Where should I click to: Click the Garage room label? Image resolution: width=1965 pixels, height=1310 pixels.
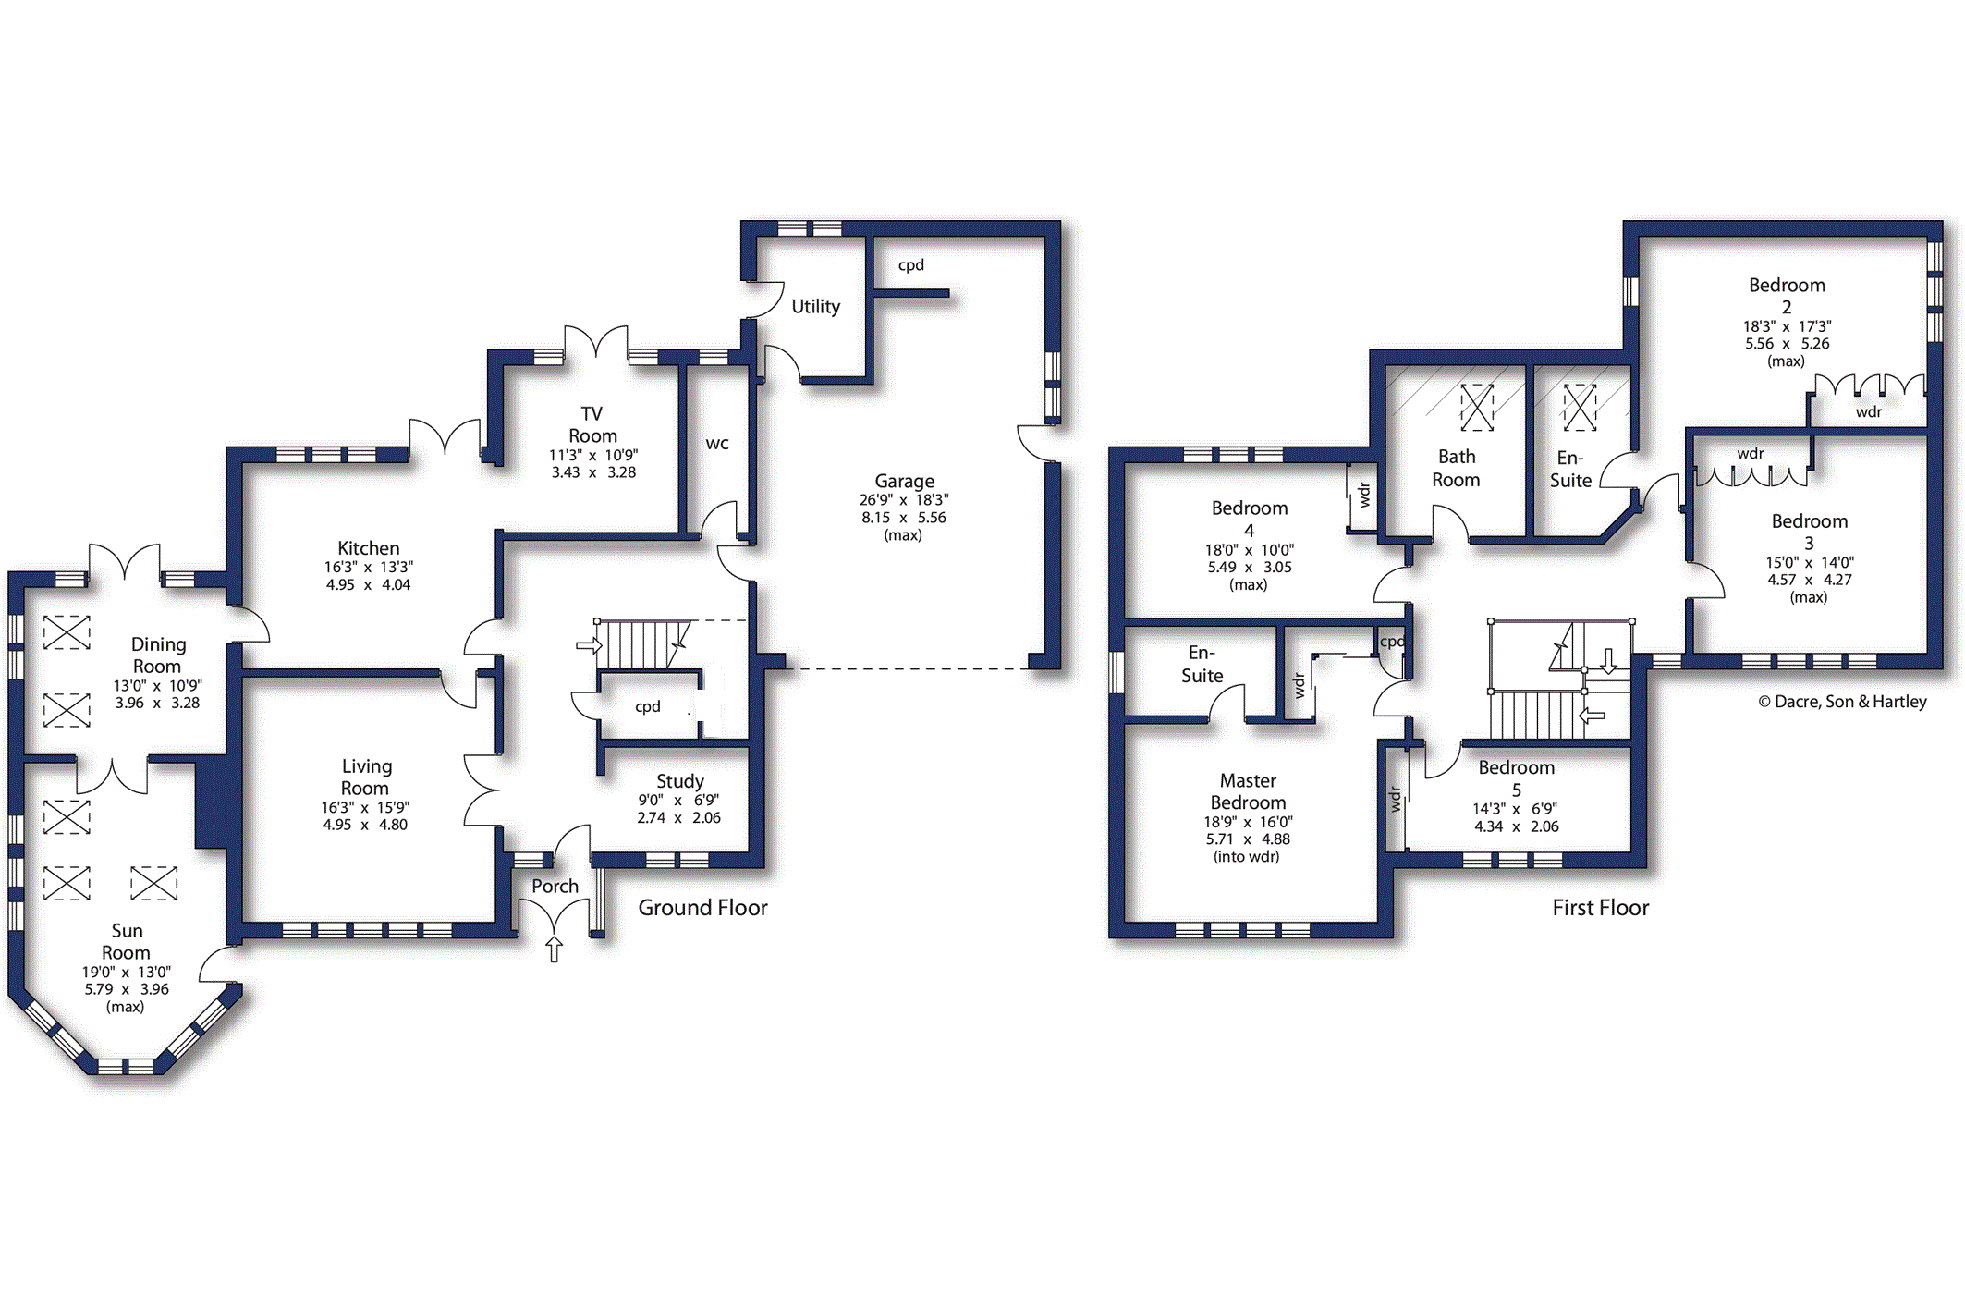[x=904, y=481]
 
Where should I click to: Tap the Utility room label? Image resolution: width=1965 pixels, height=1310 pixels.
[x=815, y=306]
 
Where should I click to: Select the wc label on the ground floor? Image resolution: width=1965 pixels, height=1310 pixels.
[x=717, y=444]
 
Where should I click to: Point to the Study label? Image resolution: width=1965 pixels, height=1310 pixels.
[x=680, y=781]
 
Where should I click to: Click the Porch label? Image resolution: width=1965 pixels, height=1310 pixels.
[x=555, y=886]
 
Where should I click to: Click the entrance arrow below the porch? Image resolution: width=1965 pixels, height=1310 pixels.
[x=554, y=949]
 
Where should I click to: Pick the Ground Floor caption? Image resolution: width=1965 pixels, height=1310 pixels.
[x=702, y=908]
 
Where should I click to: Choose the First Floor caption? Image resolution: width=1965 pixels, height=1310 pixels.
[x=1600, y=908]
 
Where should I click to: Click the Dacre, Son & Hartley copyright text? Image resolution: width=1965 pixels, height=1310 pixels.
[x=1842, y=702]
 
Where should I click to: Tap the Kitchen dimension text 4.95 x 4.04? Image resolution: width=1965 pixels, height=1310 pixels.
[x=368, y=584]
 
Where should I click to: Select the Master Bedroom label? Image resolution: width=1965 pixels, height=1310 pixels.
[x=1248, y=791]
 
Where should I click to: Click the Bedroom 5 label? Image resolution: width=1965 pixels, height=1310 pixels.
[x=1516, y=778]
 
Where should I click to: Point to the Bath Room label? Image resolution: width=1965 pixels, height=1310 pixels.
[x=1456, y=468]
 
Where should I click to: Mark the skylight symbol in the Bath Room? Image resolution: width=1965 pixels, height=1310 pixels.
[x=1477, y=408]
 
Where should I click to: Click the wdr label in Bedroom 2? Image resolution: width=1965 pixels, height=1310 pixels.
[x=1869, y=412]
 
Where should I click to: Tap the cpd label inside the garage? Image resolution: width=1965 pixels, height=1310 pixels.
[x=910, y=265]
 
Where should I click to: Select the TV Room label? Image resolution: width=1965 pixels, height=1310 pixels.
[x=592, y=424]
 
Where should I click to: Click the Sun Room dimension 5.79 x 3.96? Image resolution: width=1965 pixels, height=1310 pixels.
[x=127, y=989]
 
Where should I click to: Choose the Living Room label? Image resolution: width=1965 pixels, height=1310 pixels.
[x=365, y=777]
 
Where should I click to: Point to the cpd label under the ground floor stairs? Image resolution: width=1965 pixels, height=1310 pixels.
[x=647, y=707]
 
